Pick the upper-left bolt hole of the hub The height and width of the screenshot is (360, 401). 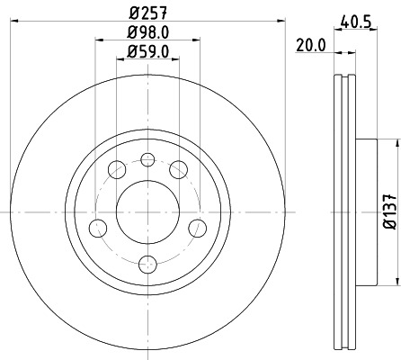tap(116, 169)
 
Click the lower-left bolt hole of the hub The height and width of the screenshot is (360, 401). tap(95, 228)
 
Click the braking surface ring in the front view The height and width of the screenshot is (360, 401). tap(54, 211)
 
